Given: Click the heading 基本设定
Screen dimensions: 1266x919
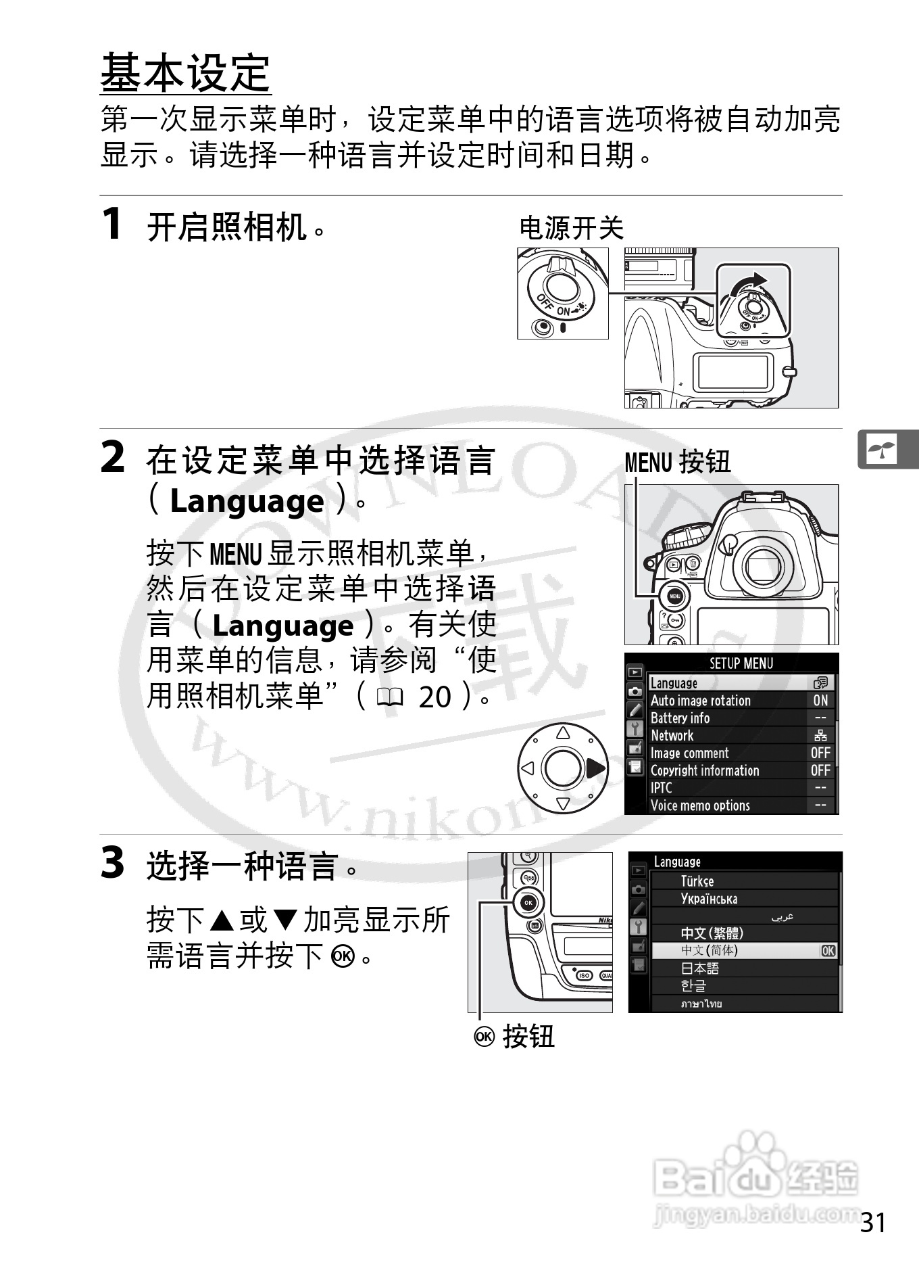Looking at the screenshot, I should click(186, 72).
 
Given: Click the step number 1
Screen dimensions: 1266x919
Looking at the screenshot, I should click(111, 224).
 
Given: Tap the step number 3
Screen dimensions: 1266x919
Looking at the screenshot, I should click(112, 864).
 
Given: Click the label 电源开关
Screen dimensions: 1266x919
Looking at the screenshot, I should click(571, 228).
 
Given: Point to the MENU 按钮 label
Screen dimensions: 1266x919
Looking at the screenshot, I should click(677, 463).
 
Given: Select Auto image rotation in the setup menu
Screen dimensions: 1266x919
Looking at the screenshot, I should click(701, 701).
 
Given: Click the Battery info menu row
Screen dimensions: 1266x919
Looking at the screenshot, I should click(680, 718).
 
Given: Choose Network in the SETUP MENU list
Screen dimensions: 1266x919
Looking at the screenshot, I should click(672, 736).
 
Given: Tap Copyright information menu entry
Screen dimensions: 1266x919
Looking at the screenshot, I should click(705, 771).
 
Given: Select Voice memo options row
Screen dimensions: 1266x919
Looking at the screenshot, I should click(700, 805).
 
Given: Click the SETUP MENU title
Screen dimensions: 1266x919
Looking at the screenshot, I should click(741, 663).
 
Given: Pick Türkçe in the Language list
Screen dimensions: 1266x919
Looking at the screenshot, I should click(697, 881).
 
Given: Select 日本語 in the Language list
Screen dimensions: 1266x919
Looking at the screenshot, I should click(699, 968).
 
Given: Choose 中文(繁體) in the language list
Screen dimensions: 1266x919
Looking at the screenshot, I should click(712, 933).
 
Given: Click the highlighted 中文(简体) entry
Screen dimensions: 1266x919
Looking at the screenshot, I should click(710, 951).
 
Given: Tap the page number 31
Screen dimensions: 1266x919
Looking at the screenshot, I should click(873, 1223).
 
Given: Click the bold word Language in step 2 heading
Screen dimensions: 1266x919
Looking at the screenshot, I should click(247, 502).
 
